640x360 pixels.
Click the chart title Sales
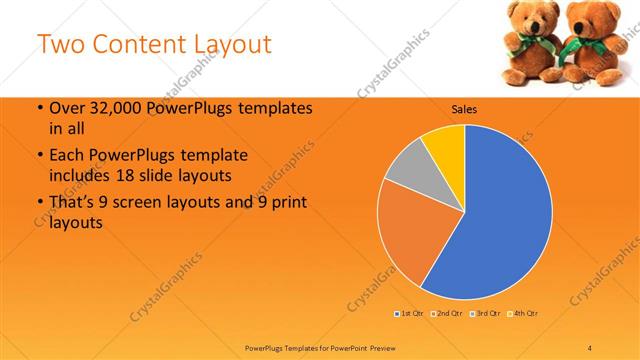pos(464,109)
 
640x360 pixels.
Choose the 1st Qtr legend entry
pos(410,314)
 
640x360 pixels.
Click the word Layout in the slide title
pos(225,45)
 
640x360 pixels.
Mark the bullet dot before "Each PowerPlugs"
pos(39,157)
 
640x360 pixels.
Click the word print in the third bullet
pos(287,205)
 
